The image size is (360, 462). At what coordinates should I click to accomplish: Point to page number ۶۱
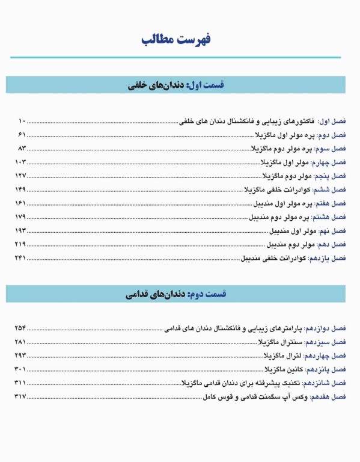pyautogui.click(x=22, y=134)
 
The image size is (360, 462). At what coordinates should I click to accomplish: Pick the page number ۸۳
pyautogui.click(x=22, y=148)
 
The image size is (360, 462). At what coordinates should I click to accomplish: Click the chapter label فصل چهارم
pyautogui.click(x=330, y=162)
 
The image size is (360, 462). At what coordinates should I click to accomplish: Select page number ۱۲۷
pyautogui.click(x=20, y=176)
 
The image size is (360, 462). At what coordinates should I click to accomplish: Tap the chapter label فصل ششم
pyautogui.click(x=331, y=190)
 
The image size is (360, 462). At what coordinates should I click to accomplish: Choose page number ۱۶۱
pyautogui.click(x=20, y=203)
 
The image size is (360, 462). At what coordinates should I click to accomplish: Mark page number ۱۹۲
pyautogui.click(x=20, y=231)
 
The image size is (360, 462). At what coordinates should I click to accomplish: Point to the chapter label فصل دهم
pyautogui.click(x=332, y=245)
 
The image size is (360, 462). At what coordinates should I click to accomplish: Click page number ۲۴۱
pyautogui.click(x=20, y=259)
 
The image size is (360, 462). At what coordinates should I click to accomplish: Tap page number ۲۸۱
pyautogui.click(x=20, y=342)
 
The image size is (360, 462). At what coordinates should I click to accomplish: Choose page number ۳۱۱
pyautogui.click(x=20, y=383)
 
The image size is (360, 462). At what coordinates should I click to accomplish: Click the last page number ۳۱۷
pyautogui.click(x=20, y=397)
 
